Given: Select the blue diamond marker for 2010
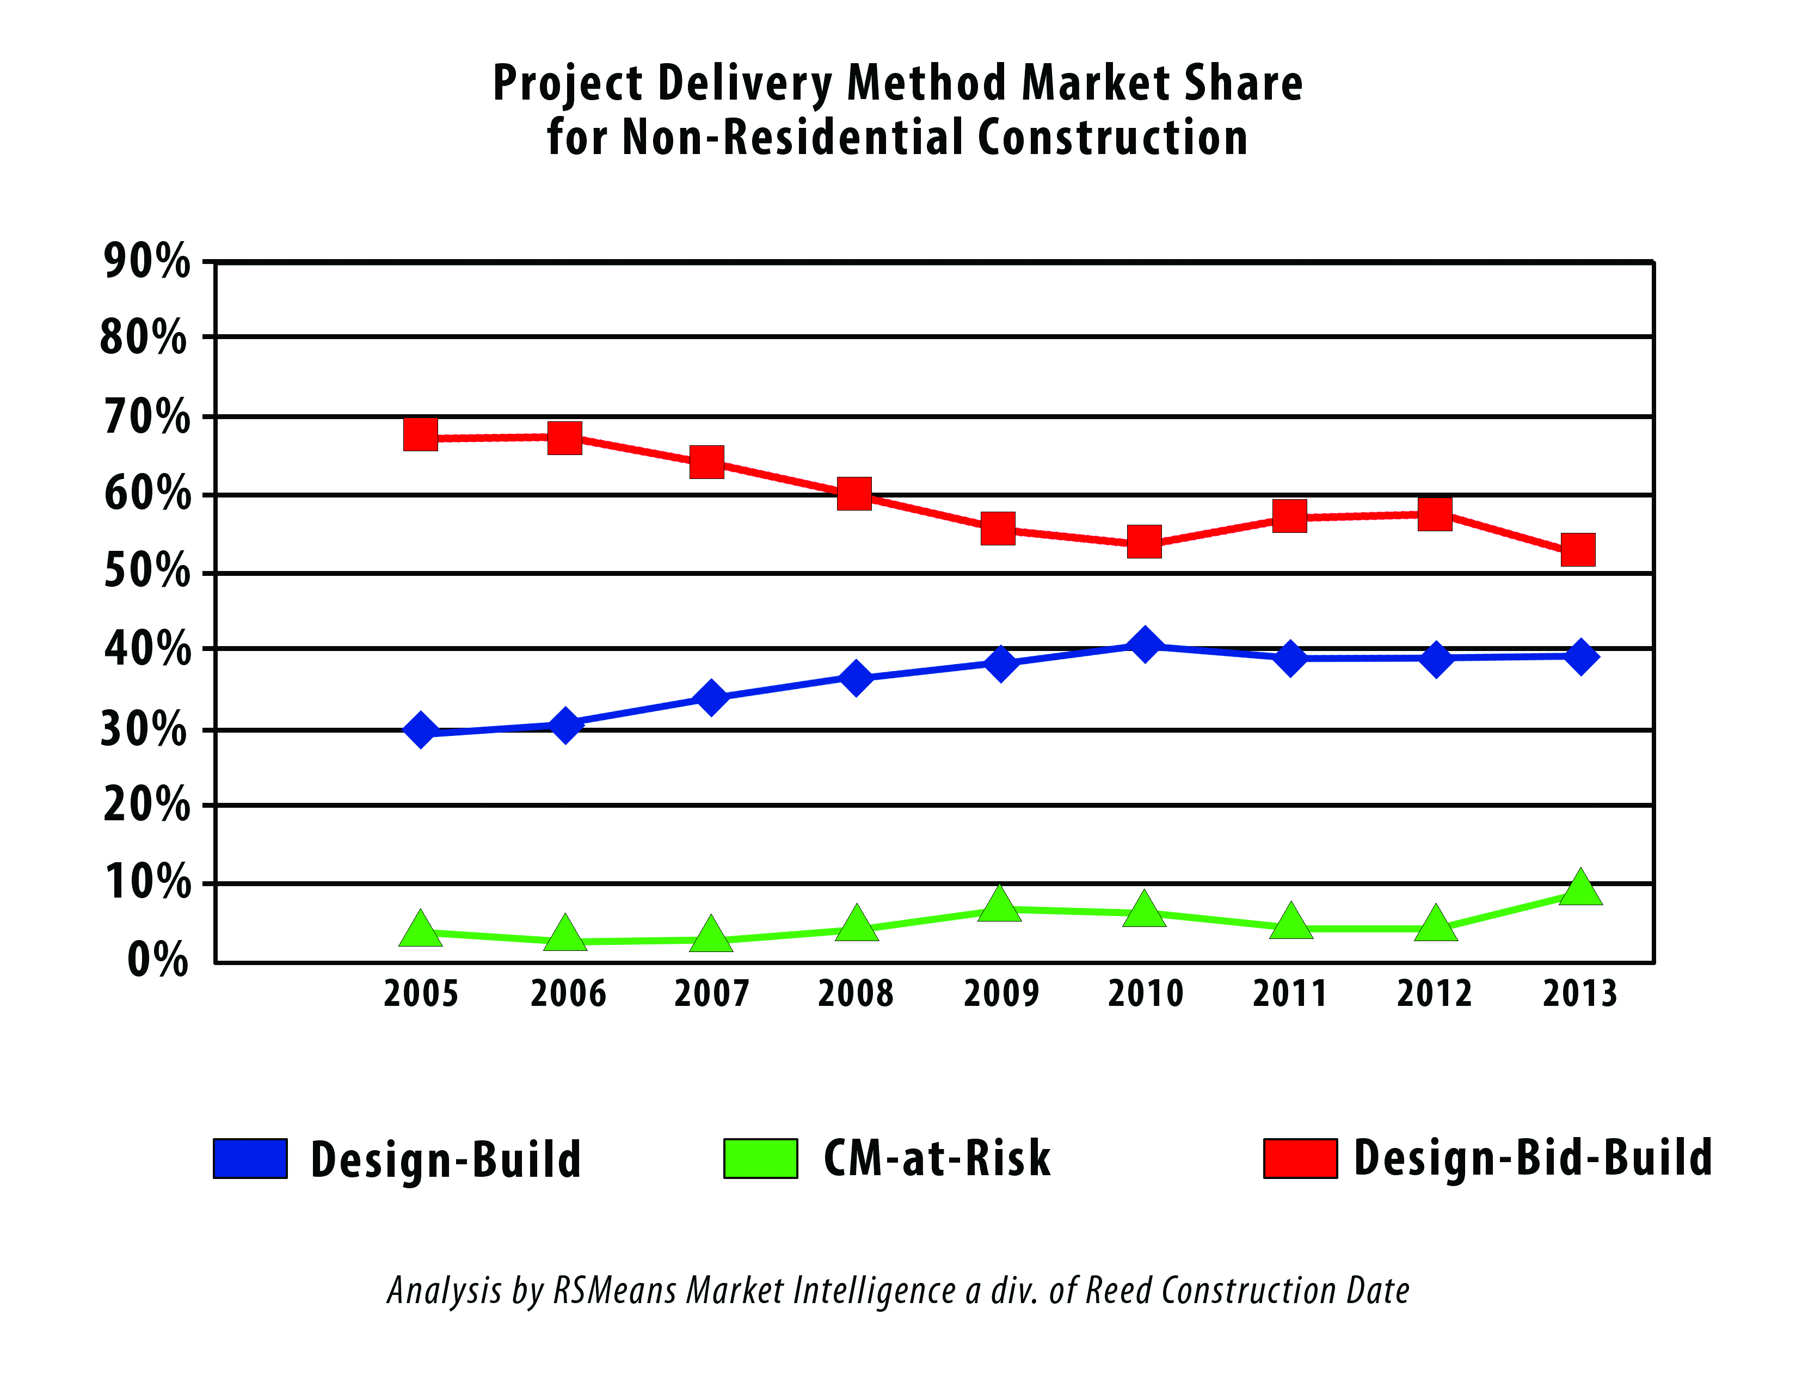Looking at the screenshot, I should coord(1144,644).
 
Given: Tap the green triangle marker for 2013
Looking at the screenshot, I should coord(1580,889).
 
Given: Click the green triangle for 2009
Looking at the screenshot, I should coord(1000,905).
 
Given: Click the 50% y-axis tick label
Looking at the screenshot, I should coord(146,570).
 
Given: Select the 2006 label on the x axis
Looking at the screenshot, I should coord(568,993).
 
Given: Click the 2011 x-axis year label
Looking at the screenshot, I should coord(1289,993).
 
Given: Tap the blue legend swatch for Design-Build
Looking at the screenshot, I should coord(250,1159).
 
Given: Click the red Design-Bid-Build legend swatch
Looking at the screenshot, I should coord(1300,1159).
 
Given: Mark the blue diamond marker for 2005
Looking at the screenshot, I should coord(420,729).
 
